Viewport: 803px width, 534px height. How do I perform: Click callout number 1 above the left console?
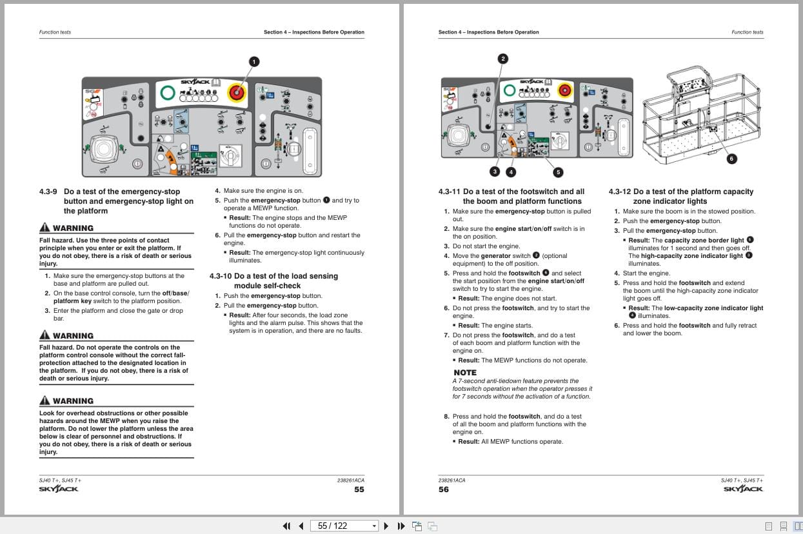[x=254, y=62]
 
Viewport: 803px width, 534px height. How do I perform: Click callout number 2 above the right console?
[x=503, y=59]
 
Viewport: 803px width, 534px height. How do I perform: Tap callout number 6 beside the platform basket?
[x=731, y=159]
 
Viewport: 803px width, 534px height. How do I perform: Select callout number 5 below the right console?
[x=558, y=172]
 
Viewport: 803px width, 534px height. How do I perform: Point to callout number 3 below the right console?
[x=495, y=172]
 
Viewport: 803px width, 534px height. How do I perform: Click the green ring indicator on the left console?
[x=168, y=93]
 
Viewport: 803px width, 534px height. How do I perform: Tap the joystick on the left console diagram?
[x=103, y=150]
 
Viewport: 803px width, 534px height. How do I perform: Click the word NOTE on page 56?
[x=465, y=373]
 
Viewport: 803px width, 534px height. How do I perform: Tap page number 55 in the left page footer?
[x=359, y=489]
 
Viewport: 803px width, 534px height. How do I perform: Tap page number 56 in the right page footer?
[x=444, y=489]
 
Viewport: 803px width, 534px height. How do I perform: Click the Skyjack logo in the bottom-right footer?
[x=743, y=489]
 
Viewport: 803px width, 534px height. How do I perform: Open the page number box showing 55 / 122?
[x=343, y=526]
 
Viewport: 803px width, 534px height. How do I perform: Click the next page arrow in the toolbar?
[x=386, y=526]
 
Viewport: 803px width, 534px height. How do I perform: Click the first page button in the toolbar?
[x=286, y=526]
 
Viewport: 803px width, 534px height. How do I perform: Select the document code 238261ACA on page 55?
[x=350, y=480]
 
